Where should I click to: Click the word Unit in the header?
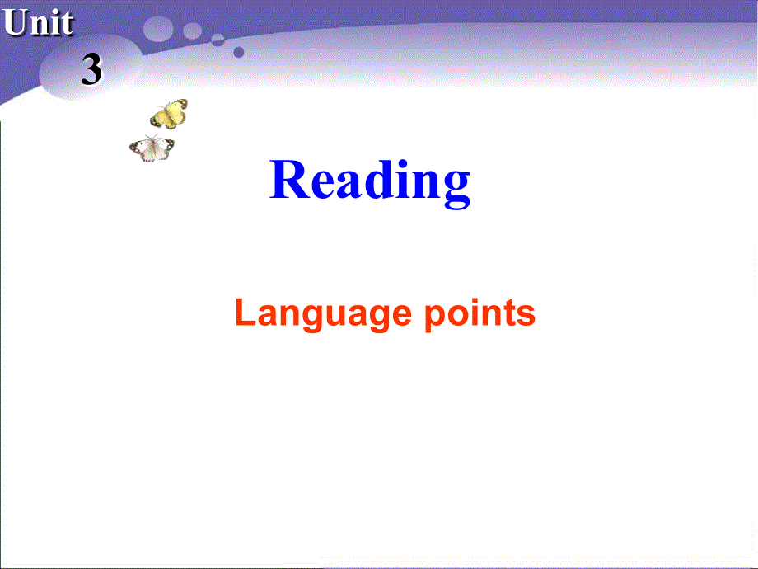click(38, 23)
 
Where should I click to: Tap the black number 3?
click(91, 70)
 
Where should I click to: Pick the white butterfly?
click(152, 148)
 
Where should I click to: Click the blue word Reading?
click(370, 181)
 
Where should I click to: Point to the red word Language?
click(322, 314)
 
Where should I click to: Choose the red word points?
click(480, 314)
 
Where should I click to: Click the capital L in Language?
click(244, 313)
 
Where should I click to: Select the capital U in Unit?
click(16, 23)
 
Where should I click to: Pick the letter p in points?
click(434, 317)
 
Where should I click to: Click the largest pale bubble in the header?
click(158, 29)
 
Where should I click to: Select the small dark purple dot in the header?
click(239, 52)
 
